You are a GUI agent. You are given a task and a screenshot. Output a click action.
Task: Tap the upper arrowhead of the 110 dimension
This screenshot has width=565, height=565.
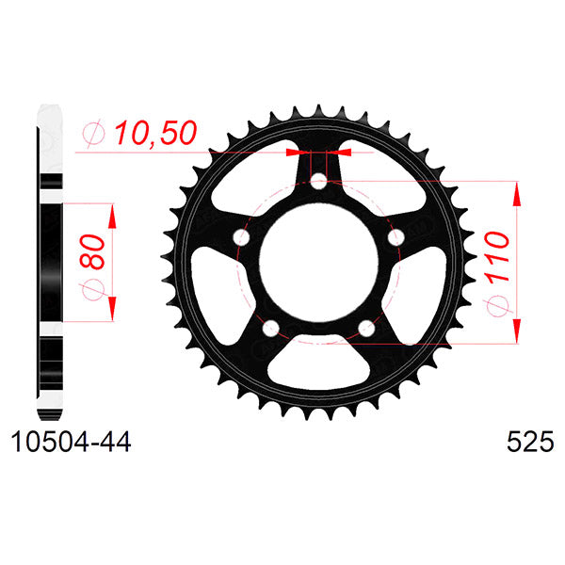pyautogui.click(x=517, y=192)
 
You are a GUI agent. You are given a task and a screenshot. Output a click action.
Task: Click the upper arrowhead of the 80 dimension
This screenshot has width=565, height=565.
pyautogui.click(x=112, y=215)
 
